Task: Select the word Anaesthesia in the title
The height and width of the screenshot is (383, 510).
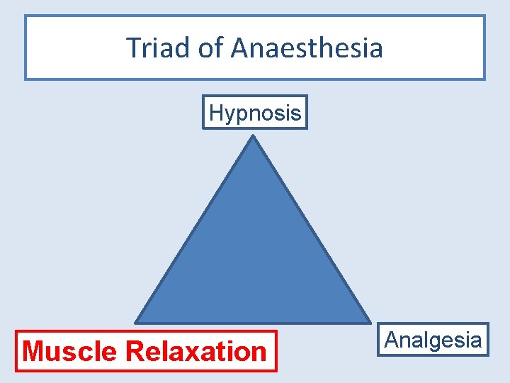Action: pos(307,48)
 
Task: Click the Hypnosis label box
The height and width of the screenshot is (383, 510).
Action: pos(255,112)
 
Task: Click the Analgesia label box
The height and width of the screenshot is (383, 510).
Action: pos(433,340)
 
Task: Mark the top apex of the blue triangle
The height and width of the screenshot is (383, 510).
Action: pos(253,138)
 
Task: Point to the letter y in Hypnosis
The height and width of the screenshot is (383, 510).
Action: pos(230,114)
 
